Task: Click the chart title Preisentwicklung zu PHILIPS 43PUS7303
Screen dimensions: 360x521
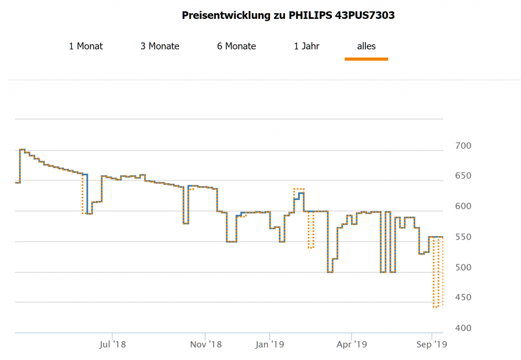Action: point(288,15)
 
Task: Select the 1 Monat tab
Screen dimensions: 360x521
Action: point(86,46)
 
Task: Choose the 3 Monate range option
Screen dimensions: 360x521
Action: point(160,46)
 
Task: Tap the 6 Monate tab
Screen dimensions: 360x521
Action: point(237,46)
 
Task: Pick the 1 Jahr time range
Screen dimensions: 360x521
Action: point(306,46)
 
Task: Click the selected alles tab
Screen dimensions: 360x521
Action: point(366,46)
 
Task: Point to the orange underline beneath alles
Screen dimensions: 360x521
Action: point(366,59)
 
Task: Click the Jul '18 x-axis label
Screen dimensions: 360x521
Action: point(112,345)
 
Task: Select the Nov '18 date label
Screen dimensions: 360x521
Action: point(206,345)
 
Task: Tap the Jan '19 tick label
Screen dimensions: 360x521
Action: point(270,345)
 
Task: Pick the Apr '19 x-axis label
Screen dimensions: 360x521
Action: point(352,345)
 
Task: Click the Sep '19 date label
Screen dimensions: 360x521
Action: point(431,345)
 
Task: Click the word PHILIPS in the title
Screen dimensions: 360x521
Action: point(310,15)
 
